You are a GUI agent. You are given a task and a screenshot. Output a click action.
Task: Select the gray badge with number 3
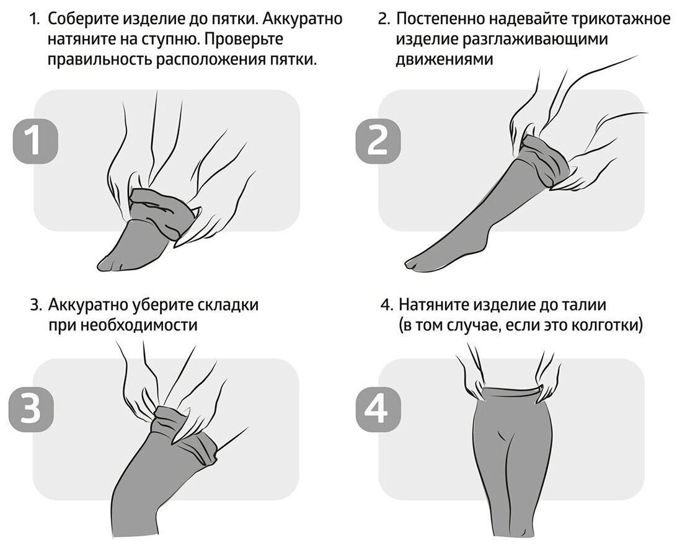32,411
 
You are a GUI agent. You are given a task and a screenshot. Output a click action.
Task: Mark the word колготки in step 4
604,325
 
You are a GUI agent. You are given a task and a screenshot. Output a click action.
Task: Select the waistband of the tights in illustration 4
508,392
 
